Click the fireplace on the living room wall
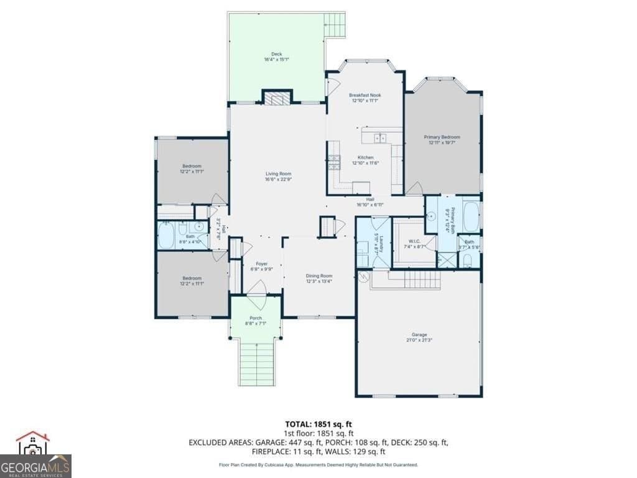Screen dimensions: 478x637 (x=276, y=98)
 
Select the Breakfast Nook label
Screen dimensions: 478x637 (x=365, y=95)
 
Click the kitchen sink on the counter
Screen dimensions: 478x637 (x=379, y=138)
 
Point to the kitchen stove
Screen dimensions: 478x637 (x=335, y=162)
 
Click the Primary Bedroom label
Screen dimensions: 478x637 (x=442, y=137)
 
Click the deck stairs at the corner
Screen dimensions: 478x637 (x=336, y=25)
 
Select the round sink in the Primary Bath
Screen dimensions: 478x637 (x=432, y=216)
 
